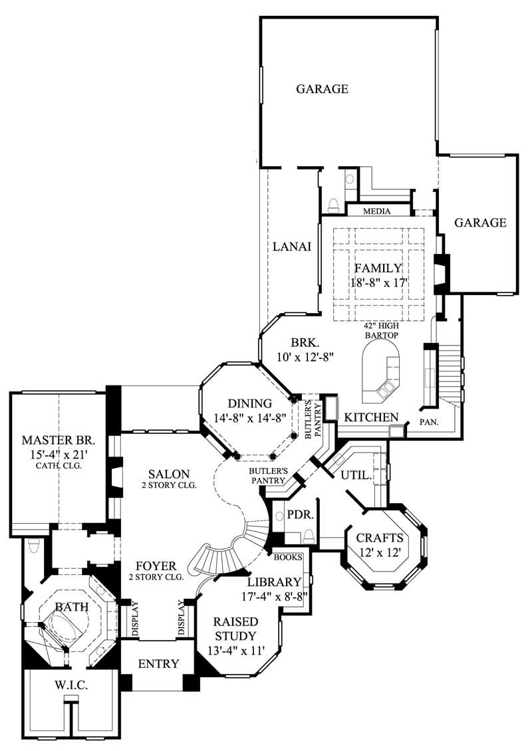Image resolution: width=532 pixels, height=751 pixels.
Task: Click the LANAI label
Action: point(292,247)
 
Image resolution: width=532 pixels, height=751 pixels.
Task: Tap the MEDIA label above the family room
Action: point(376,211)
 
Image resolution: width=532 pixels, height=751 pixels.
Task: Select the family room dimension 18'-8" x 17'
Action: point(378,283)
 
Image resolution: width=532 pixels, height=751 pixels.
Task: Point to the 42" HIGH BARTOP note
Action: point(380,331)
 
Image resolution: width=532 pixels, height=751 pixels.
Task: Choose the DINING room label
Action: point(249,403)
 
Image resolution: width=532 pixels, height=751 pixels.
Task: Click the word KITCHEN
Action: point(371,417)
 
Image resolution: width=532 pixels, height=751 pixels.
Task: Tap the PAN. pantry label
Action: point(427,422)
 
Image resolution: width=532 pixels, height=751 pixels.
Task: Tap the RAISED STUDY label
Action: point(236,629)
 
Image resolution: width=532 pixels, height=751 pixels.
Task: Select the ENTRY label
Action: point(158,664)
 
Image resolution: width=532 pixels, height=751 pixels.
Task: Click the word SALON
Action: point(169,474)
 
